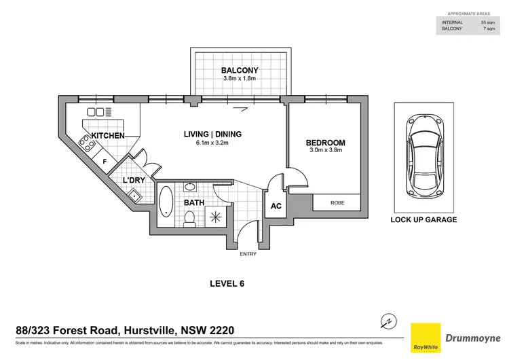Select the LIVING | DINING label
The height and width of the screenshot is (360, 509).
tap(212, 134)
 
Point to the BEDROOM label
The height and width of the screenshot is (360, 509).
tap(325, 143)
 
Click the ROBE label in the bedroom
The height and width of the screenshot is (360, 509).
tap(337, 202)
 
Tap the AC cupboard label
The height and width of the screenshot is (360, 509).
tap(276, 206)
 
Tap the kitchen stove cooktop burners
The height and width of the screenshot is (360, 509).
tap(86, 143)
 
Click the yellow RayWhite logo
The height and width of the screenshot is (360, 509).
tap(425, 338)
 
